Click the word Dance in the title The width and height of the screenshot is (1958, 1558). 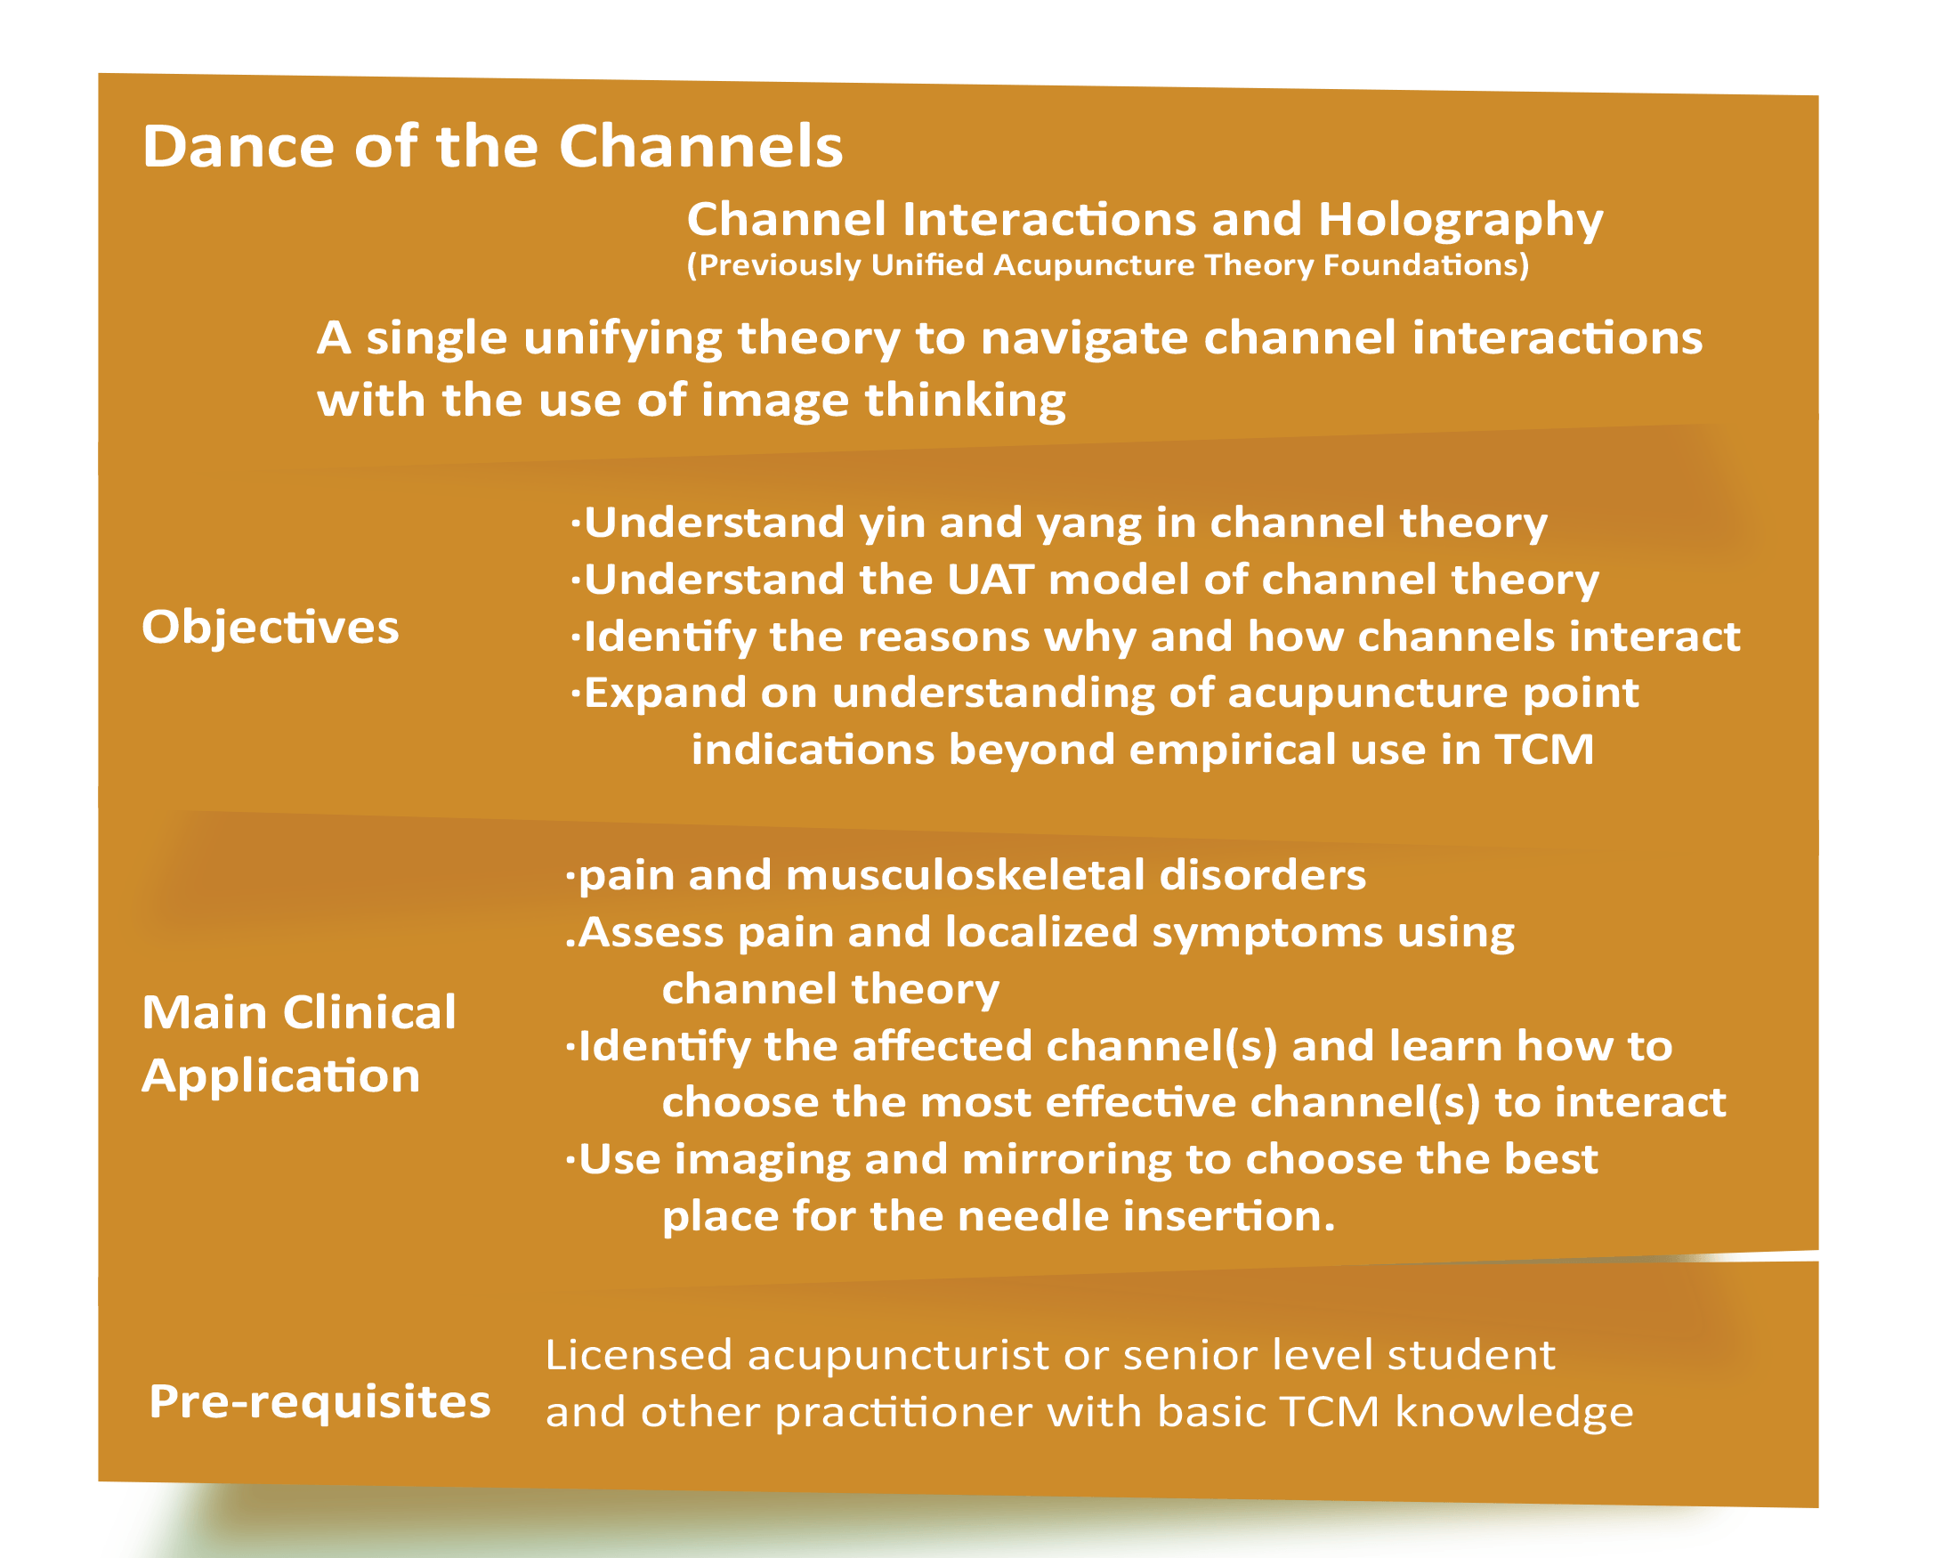[239, 146]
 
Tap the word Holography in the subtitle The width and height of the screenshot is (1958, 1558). [1460, 221]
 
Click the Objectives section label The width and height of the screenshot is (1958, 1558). [270, 628]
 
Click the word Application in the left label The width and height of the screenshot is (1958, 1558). [280, 1076]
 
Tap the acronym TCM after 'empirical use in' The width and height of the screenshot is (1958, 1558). [1544, 750]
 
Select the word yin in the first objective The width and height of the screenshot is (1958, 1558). [893, 524]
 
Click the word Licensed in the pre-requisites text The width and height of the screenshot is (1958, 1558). [638, 1354]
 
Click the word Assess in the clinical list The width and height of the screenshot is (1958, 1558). [651, 932]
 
